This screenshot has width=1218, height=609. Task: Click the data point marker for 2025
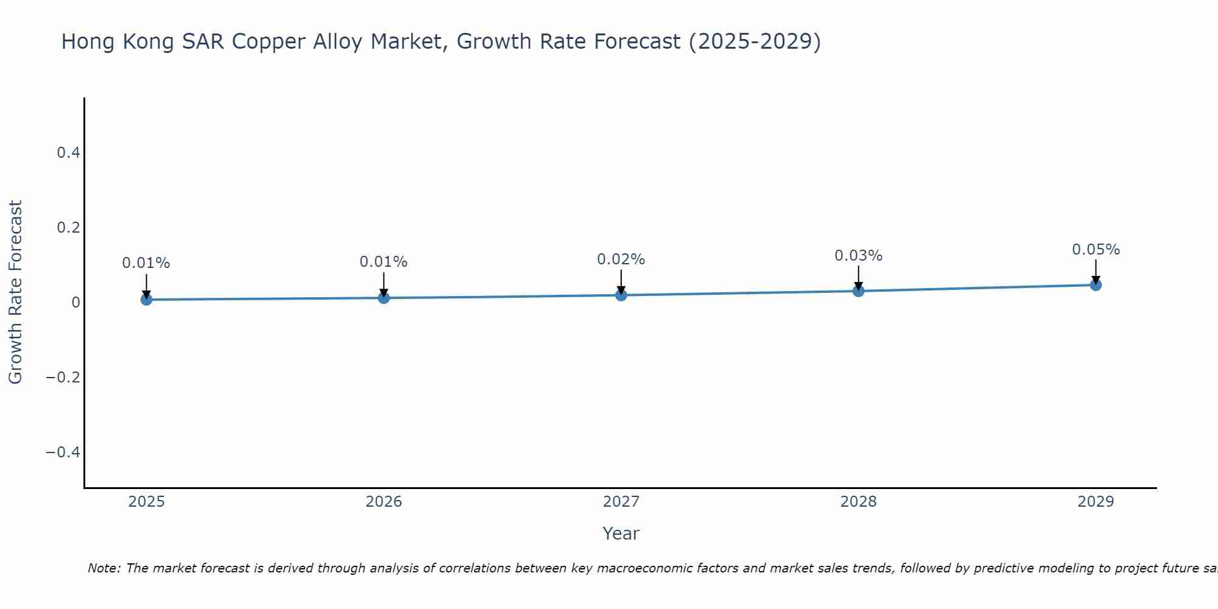[146, 299]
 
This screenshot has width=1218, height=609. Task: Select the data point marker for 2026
[384, 297]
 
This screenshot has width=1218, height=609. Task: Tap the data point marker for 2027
[621, 295]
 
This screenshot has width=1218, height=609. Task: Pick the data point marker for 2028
[859, 290]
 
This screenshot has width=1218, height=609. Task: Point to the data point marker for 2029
[1096, 284]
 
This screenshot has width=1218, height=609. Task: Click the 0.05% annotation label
[1096, 250]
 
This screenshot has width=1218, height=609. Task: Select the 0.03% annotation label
[858, 256]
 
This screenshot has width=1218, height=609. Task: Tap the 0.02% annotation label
[621, 259]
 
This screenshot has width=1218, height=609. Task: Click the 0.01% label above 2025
[146, 263]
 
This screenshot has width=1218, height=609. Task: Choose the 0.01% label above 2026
[384, 262]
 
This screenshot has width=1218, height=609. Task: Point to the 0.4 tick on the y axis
[68, 153]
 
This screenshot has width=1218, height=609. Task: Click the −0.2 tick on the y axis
[63, 378]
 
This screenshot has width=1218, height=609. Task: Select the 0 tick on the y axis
[76, 303]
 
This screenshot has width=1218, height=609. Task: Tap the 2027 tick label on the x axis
[621, 502]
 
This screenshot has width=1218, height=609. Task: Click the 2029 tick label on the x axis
[1096, 502]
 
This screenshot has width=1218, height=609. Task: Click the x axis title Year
[621, 533]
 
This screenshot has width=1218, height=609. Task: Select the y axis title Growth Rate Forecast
[15, 292]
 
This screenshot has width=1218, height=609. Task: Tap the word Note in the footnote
[104, 568]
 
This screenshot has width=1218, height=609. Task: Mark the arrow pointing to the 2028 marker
[859, 277]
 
